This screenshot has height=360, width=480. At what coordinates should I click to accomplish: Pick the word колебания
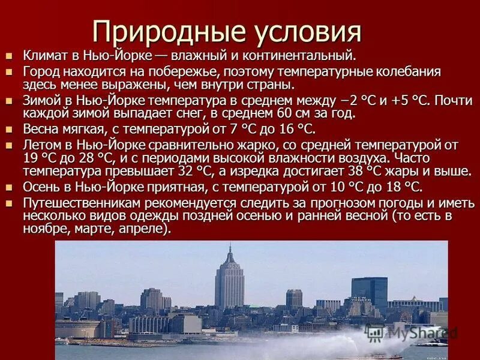click(409, 72)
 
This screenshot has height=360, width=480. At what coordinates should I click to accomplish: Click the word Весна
click(40, 129)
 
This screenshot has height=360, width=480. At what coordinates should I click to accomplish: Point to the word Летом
click(41, 145)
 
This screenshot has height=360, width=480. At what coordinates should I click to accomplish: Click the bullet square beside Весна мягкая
click(9, 129)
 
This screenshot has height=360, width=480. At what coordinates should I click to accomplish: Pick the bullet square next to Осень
click(9, 187)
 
